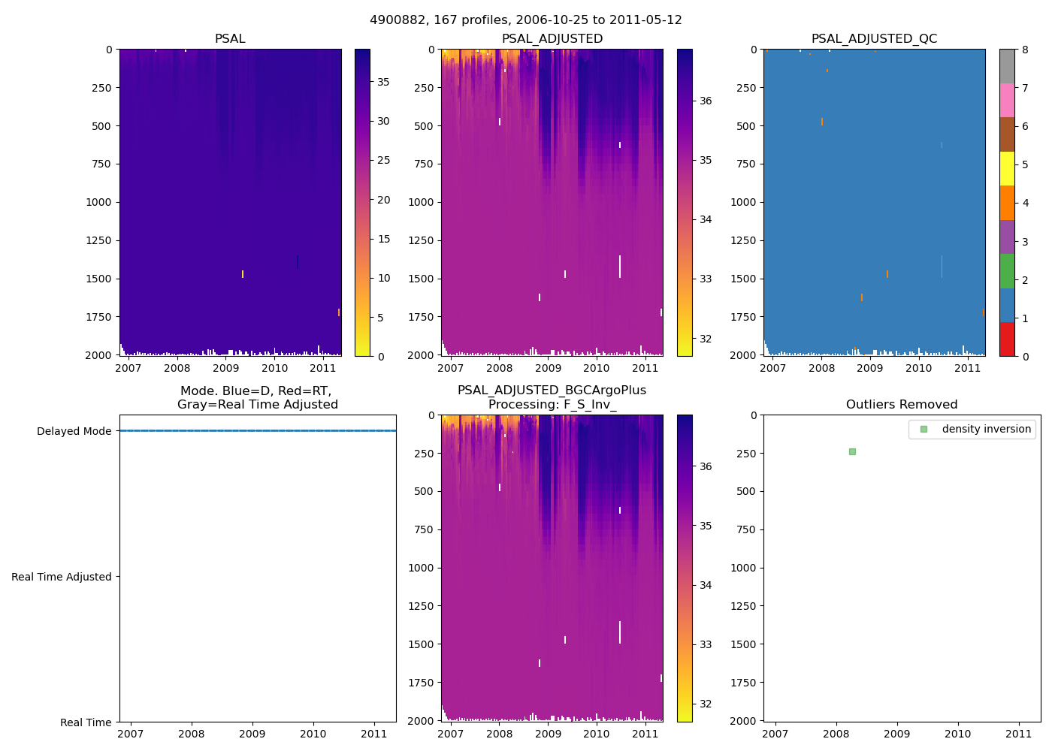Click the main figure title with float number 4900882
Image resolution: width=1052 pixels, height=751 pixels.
coord(526,20)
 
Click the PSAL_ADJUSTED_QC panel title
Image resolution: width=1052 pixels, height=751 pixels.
coord(874,39)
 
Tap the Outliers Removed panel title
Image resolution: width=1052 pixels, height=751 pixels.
coord(902,405)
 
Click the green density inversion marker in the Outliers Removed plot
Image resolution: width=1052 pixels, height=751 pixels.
coord(852,451)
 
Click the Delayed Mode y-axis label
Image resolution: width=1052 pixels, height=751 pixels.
coord(74,431)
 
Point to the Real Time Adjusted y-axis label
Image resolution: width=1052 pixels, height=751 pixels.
coord(62,577)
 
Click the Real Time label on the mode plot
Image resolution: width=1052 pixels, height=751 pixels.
coord(86,722)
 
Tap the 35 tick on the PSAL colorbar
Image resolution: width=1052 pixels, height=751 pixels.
coord(383,82)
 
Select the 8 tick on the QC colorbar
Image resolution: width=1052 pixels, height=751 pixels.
coord(1025,50)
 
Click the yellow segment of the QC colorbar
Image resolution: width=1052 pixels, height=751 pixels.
coord(1007,168)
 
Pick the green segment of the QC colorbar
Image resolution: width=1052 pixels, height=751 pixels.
coord(1007,270)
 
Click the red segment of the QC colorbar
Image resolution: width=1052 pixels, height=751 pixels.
coord(1007,339)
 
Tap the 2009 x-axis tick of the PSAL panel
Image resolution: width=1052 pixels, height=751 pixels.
coord(225,368)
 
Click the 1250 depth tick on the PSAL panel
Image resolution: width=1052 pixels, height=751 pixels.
coord(98,240)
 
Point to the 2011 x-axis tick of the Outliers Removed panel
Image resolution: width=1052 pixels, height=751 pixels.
coord(1019,734)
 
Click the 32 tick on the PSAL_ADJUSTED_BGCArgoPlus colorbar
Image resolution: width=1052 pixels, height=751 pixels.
coord(706,704)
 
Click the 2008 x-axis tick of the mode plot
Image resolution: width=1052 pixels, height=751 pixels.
coord(192,734)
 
